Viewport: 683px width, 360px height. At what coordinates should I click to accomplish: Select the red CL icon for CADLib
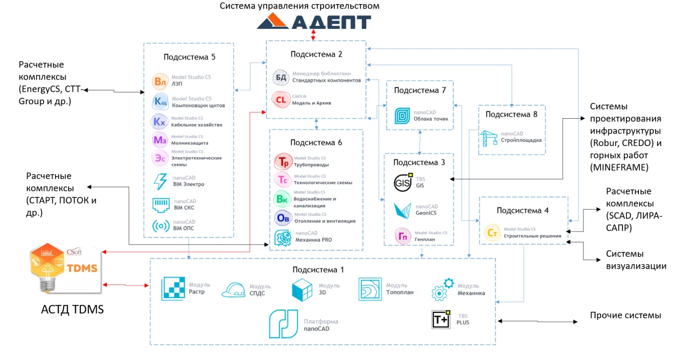tap(280, 100)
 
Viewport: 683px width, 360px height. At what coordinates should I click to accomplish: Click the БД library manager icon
tap(281, 77)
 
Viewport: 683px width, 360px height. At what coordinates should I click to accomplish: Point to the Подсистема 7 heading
tap(420, 90)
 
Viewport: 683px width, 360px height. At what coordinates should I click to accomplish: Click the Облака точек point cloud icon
tap(403, 116)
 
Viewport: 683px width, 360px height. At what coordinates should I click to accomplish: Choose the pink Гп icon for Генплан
tap(403, 236)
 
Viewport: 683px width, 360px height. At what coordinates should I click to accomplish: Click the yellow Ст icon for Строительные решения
tap(492, 232)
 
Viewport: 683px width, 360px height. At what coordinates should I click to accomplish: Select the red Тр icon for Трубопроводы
tap(283, 161)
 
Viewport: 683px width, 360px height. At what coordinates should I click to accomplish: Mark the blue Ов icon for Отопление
tap(283, 218)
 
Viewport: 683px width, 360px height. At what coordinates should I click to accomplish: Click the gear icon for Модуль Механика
tap(442, 290)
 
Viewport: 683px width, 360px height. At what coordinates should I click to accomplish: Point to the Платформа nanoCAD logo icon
tap(284, 324)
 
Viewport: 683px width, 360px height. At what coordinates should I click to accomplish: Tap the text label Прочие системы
tap(625, 315)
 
